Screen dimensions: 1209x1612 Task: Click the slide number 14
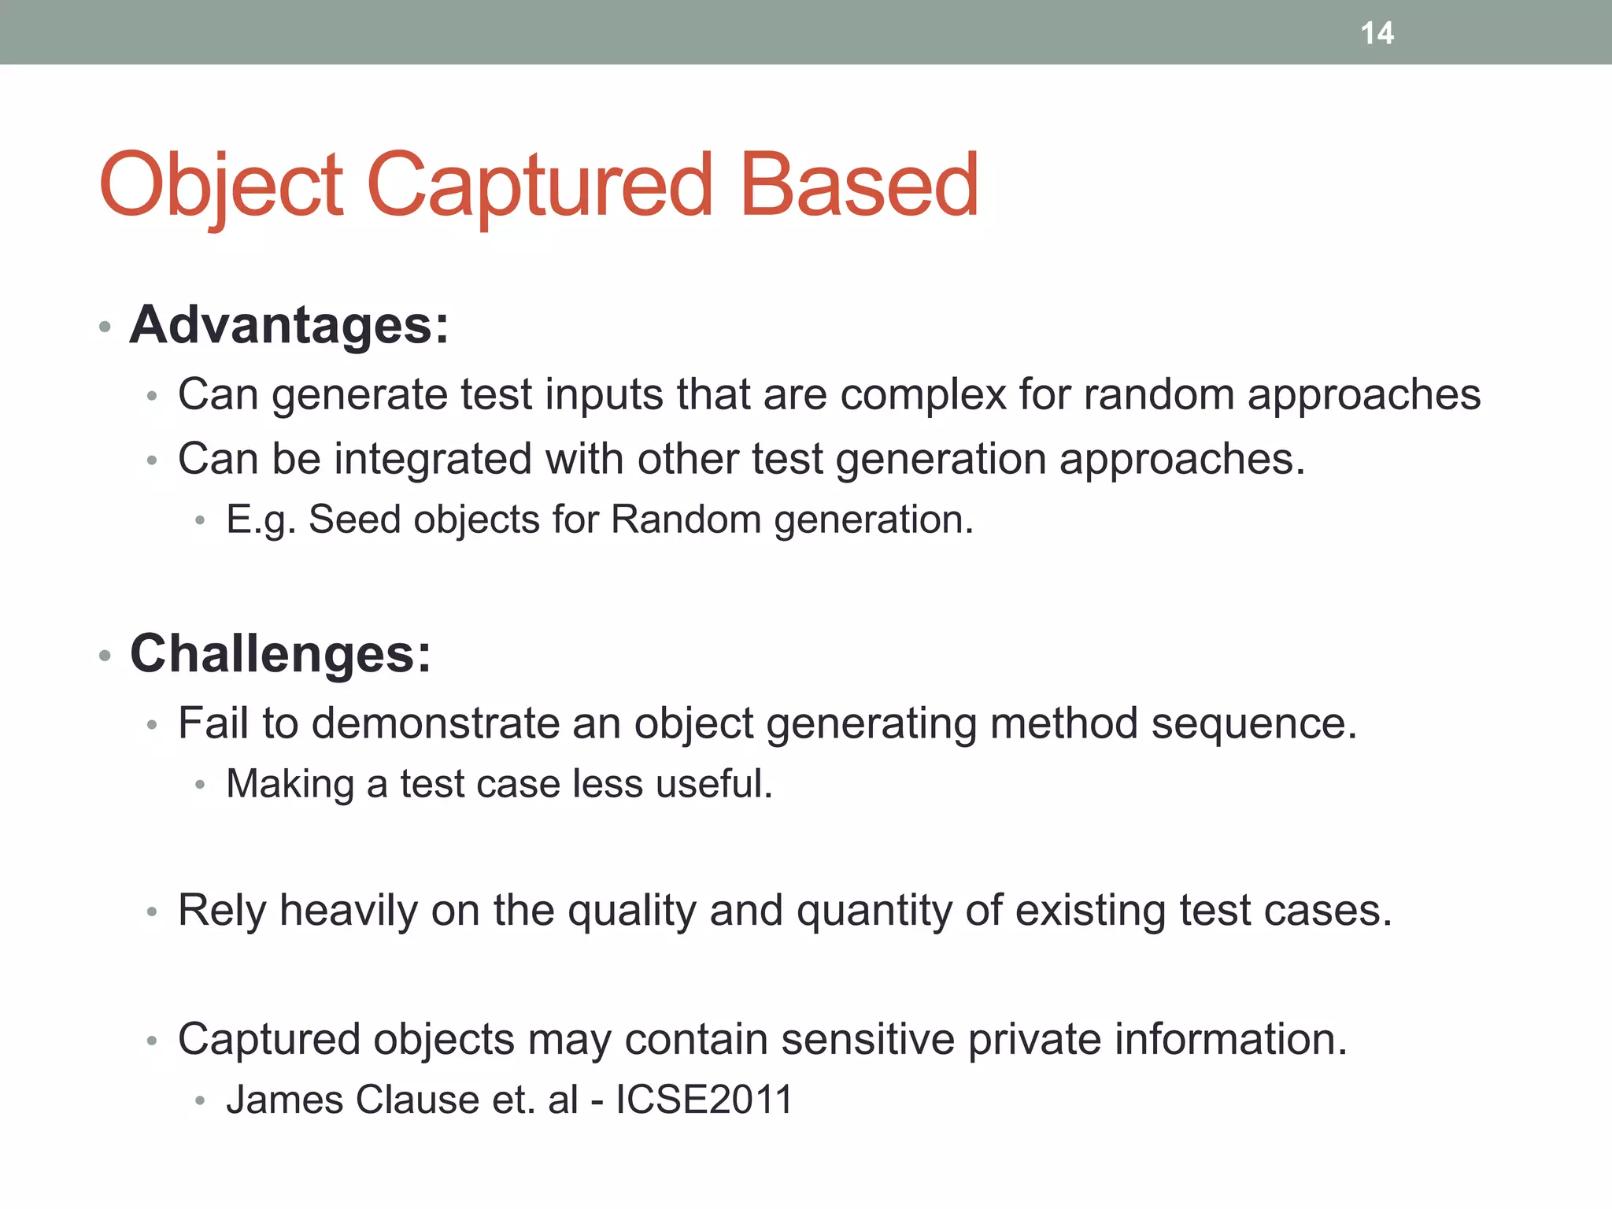(x=1377, y=33)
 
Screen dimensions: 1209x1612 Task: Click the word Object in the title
(x=221, y=186)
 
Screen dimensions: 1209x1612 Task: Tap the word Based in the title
(x=860, y=186)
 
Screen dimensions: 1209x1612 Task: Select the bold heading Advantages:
(x=289, y=324)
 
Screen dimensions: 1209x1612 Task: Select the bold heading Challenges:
(x=280, y=653)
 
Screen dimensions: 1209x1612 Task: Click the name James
(x=284, y=1100)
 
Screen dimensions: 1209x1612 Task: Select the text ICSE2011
(x=704, y=1100)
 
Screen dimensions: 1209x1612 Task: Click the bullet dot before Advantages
(x=105, y=327)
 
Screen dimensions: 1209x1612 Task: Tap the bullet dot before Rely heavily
(x=152, y=913)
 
